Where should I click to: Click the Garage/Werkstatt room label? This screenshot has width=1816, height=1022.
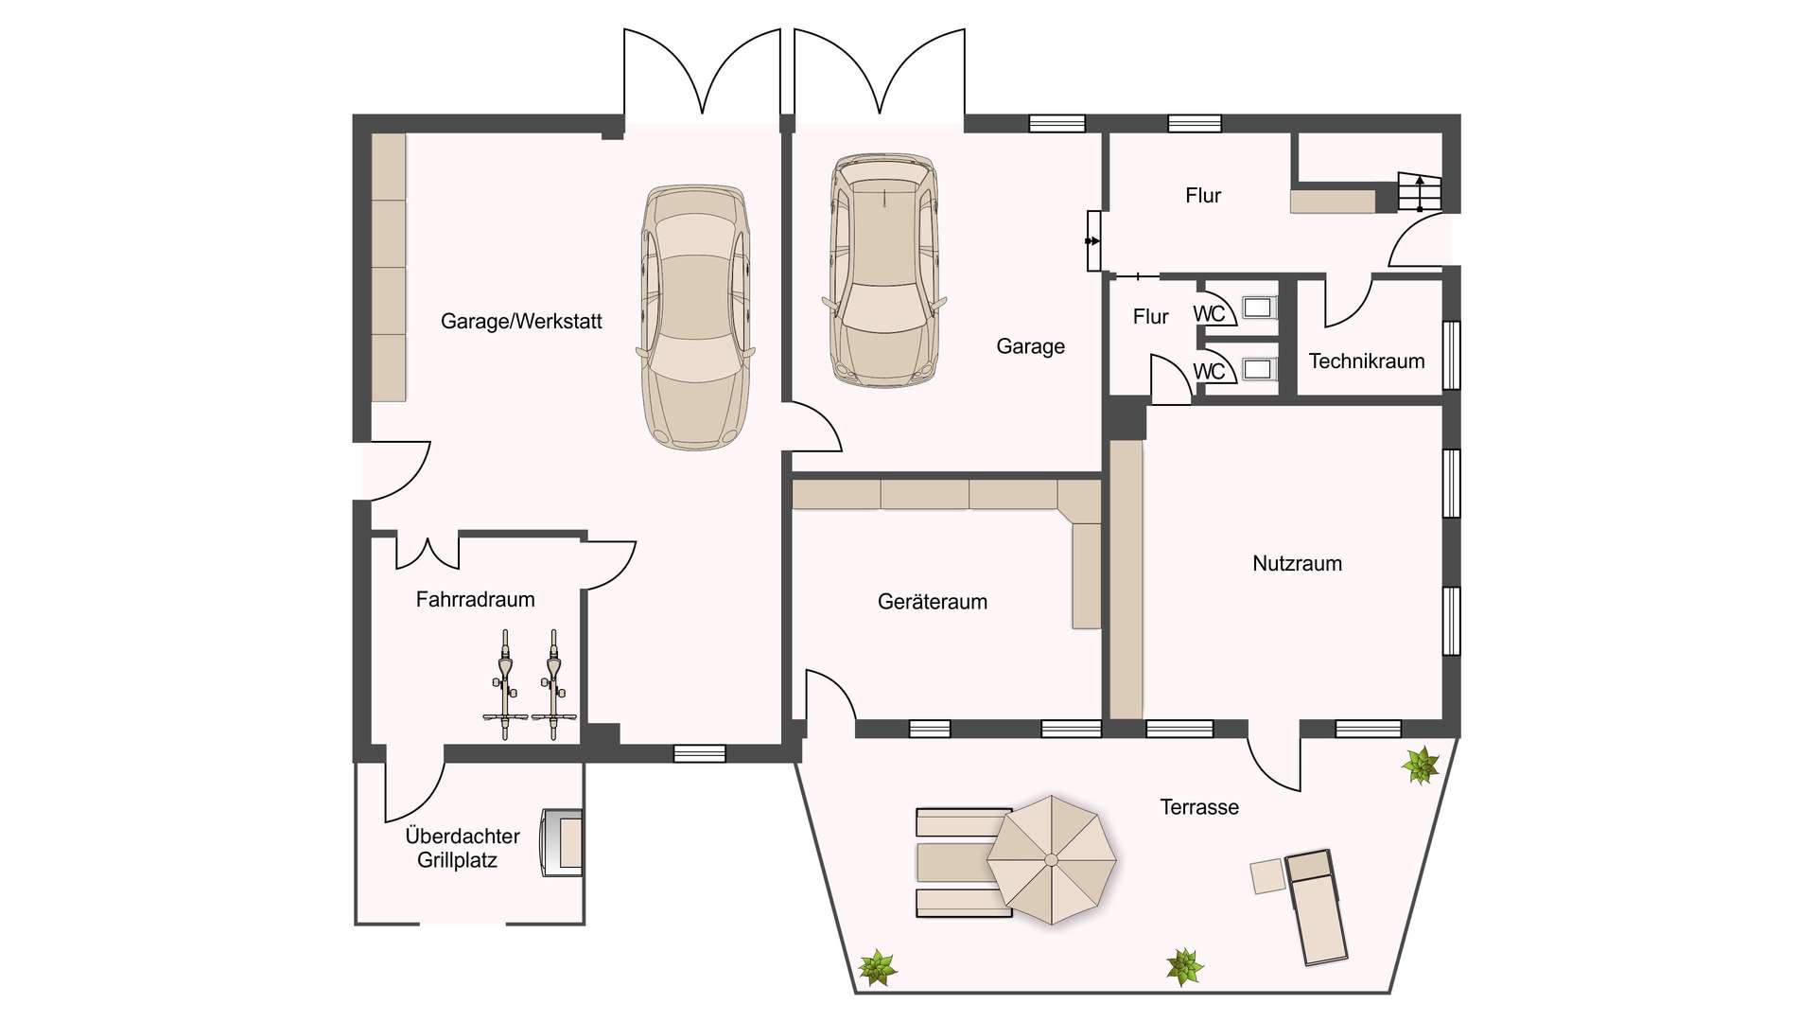coord(521,322)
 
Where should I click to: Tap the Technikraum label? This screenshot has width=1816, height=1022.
coord(1367,361)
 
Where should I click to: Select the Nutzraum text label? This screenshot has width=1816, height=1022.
coord(1297,563)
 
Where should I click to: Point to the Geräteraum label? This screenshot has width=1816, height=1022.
coord(933,601)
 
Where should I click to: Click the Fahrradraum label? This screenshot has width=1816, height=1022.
coord(475,599)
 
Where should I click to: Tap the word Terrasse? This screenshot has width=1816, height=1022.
coord(1199,807)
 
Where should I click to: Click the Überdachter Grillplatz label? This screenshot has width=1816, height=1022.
coord(462,848)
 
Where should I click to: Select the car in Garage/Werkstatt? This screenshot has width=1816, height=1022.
coord(695,317)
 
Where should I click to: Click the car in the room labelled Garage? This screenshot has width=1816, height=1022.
coord(883,271)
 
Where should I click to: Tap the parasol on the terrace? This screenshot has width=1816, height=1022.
coord(1051,859)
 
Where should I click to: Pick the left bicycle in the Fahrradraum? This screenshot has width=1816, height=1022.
coord(504,684)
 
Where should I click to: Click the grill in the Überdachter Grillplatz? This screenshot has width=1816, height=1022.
coord(561,843)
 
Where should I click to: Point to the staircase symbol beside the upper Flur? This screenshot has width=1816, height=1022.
coord(1419,192)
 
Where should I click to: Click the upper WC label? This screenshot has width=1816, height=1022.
coord(1209,313)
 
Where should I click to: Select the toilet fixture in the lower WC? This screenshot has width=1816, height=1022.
coord(1257,368)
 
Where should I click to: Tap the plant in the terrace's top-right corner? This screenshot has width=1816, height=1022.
coord(1420,765)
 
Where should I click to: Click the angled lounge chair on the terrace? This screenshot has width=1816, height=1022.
coord(1316,907)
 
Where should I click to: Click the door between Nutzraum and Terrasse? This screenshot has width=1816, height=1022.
coord(1273,762)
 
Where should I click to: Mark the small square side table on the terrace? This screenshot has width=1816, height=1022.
coord(1267,876)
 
